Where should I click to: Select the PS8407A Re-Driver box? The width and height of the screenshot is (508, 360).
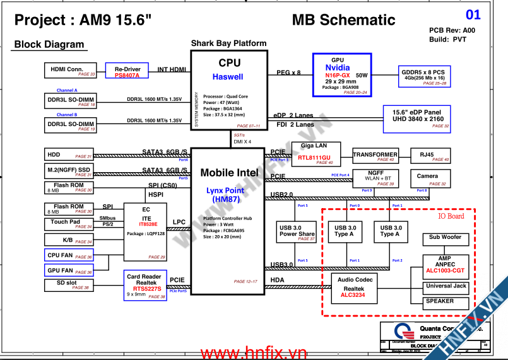127,71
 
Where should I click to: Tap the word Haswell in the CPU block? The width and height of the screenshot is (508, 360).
228,77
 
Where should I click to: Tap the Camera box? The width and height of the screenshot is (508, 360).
427,178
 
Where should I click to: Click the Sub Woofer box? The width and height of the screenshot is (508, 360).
446,240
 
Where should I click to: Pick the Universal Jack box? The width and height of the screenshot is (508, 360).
446,288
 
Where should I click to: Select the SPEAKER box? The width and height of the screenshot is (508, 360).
446,303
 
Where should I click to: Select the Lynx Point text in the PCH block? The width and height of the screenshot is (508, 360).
225,190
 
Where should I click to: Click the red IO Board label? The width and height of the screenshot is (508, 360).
451,216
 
